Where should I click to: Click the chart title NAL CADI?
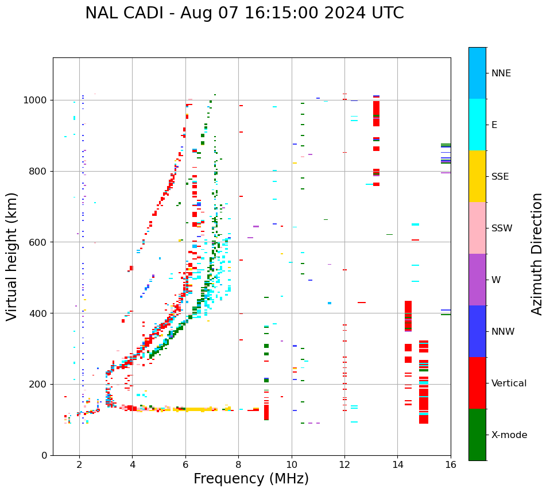click(244, 13)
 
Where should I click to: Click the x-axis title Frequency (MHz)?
click(251, 479)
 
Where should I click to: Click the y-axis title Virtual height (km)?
click(12, 257)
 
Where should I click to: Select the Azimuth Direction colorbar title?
click(537, 254)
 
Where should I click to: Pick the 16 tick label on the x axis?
click(451, 464)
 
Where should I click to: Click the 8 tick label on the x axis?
click(238, 464)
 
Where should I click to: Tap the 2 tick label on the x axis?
click(79, 464)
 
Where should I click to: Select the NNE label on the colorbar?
click(501, 73)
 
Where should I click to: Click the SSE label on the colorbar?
click(499, 177)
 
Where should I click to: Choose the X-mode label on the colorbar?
click(509, 435)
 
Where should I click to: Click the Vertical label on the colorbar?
click(509, 383)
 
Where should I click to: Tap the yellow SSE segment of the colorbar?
click(477, 176)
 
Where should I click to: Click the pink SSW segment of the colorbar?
click(477, 228)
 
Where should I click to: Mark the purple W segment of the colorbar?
click(477, 280)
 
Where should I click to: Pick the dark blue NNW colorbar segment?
click(477, 331)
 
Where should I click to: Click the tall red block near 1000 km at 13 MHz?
click(376, 109)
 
